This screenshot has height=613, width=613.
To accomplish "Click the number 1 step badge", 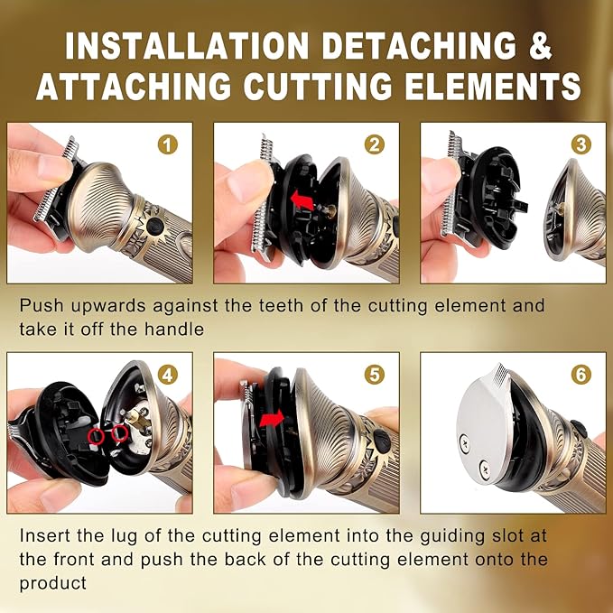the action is [167, 144].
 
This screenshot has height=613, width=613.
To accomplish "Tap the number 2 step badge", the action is [374, 144].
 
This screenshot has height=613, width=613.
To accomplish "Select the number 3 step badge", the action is [580, 144].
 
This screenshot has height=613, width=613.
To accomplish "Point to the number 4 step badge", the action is [167, 375].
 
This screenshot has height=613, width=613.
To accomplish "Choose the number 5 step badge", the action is [374, 375].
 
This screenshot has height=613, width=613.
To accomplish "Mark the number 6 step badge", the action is [580, 375].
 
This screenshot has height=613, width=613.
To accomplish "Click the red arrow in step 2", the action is [302, 200].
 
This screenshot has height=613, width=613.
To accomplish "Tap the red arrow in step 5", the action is [272, 419].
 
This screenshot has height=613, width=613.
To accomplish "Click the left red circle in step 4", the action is [96, 436].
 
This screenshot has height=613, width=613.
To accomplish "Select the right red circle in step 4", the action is [120, 433].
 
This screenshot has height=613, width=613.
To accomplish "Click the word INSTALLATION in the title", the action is [187, 46].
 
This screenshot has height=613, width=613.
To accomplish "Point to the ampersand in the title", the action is [540, 46].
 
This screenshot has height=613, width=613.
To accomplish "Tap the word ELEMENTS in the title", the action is [493, 86].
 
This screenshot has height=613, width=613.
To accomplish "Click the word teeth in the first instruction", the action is [281, 305].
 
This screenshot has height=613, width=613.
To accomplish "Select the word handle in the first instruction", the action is [174, 329].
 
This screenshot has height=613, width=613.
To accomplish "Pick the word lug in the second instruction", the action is [124, 536].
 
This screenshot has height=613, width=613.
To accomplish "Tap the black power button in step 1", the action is [155, 226].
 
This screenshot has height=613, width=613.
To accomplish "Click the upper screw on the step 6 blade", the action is [464, 443].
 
